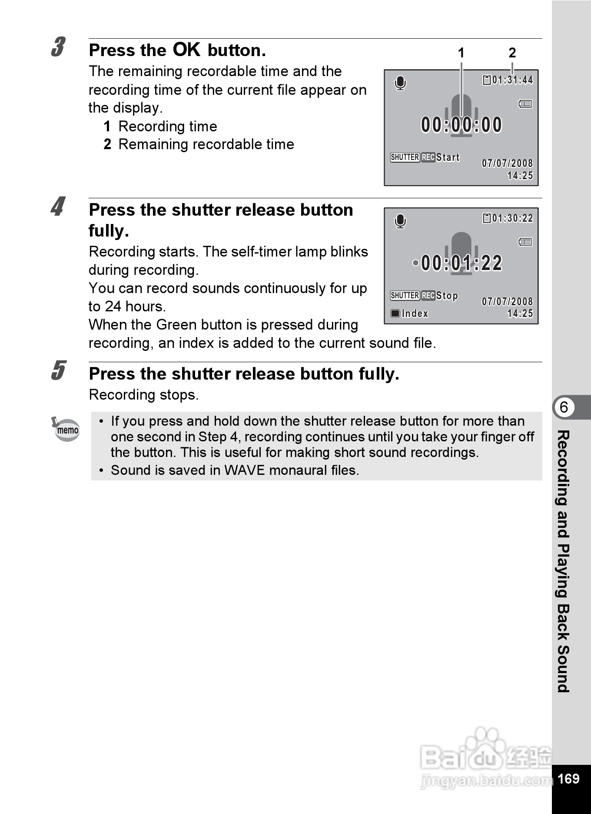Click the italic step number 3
pyautogui.click(x=58, y=47)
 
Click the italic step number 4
pyautogui.click(x=58, y=207)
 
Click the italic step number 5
pyautogui.click(x=58, y=370)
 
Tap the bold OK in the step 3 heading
pyautogui.click(x=186, y=50)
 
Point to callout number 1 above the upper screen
pyautogui.click(x=461, y=53)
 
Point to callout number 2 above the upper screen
pyautogui.click(x=512, y=53)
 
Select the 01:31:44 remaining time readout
pyautogui.click(x=512, y=80)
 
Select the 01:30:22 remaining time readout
pyautogui.click(x=512, y=218)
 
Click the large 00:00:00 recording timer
pyautogui.click(x=462, y=125)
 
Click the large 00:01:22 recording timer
pyautogui.click(x=462, y=263)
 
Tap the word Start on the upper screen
pyautogui.click(x=448, y=157)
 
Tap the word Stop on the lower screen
pyautogui.click(x=447, y=296)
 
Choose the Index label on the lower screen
pyautogui.click(x=415, y=314)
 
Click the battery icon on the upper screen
pyautogui.click(x=525, y=104)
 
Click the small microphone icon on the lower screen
pyautogui.click(x=400, y=221)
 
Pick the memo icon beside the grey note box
pyautogui.click(x=66, y=429)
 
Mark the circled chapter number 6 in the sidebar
pyautogui.click(x=564, y=407)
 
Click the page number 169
pyautogui.click(x=568, y=778)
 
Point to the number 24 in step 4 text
pyautogui.click(x=113, y=307)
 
